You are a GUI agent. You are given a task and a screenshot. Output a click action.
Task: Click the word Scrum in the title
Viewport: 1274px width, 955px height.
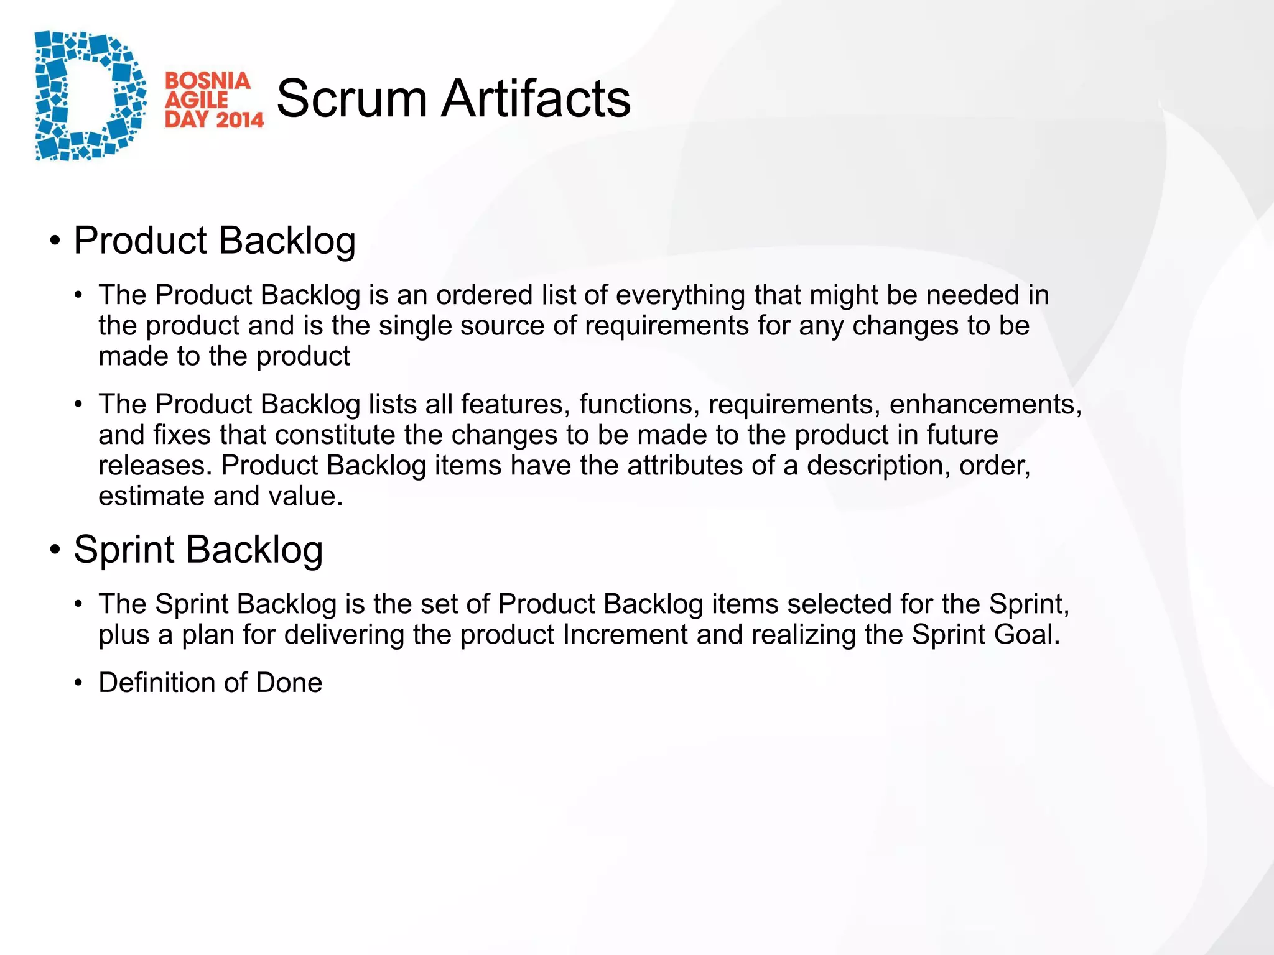click(x=351, y=98)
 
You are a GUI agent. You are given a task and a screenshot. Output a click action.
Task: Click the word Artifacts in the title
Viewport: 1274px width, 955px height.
click(x=536, y=98)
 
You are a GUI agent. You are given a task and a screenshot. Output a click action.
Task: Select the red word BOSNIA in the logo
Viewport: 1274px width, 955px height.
click(x=208, y=81)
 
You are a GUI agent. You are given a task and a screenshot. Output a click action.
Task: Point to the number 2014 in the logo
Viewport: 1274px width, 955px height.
click(x=239, y=119)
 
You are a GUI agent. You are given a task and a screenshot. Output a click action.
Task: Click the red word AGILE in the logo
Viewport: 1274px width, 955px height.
click(x=197, y=100)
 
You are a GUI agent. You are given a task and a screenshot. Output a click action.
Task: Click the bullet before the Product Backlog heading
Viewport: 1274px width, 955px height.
click(x=56, y=241)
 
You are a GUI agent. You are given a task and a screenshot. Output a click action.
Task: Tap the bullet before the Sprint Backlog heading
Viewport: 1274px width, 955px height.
click(x=56, y=550)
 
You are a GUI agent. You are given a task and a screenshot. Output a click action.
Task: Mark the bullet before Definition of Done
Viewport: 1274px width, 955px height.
click(x=78, y=683)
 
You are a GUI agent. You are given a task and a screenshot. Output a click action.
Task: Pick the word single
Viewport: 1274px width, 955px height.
click(x=415, y=326)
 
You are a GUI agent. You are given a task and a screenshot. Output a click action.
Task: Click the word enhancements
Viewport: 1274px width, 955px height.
click(x=985, y=405)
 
